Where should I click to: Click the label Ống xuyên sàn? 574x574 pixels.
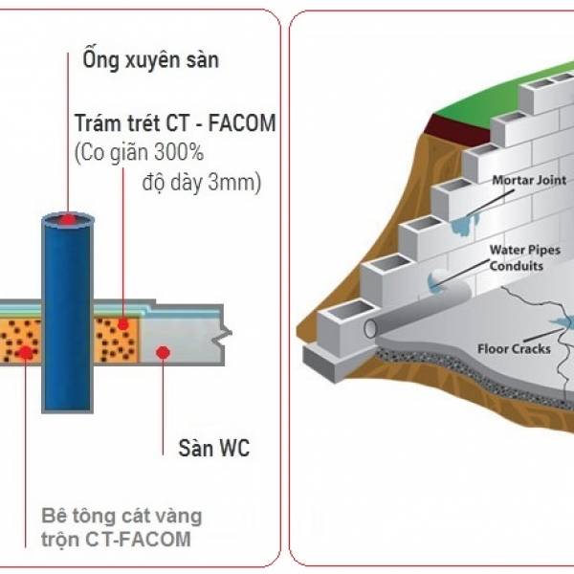(150, 59)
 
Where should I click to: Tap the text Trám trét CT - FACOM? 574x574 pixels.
(175, 122)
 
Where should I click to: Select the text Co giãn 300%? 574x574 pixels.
(142, 152)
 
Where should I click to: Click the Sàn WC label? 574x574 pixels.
(213, 448)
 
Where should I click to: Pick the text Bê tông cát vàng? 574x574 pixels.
(121, 517)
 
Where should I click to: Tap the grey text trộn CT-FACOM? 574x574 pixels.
(116, 539)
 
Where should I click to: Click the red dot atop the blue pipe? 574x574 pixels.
(68, 220)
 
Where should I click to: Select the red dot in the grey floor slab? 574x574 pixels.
(163, 352)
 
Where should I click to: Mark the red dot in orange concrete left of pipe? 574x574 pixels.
(25, 352)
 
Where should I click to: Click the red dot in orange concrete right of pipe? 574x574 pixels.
(123, 324)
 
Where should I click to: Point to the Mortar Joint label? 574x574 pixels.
(529, 180)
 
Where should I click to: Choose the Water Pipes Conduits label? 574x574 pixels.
(524, 257)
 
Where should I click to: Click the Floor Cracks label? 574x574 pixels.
(514, 348)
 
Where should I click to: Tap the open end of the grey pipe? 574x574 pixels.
(370, 327)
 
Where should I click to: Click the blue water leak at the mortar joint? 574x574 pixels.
(464, 224)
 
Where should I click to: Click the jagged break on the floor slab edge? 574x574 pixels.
(222, 334)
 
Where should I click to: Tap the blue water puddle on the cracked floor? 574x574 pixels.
(562, 322)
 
